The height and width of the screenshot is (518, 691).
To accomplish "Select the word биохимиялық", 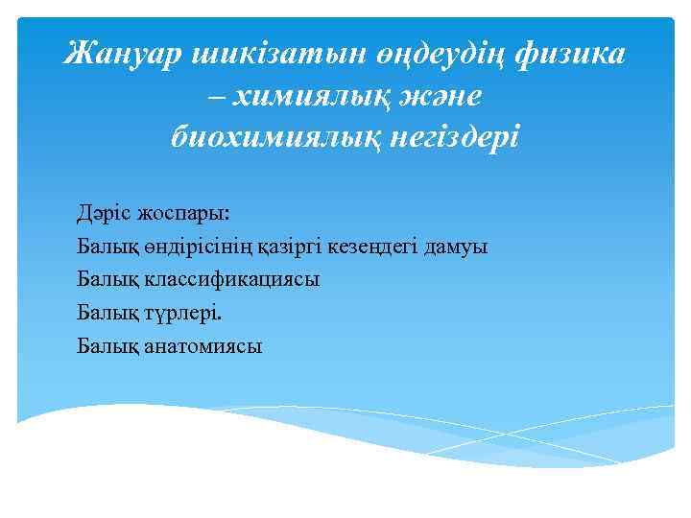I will (278, 137).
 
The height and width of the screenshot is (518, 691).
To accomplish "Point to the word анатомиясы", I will (202, 345).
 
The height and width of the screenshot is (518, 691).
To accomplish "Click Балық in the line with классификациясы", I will (107, 279).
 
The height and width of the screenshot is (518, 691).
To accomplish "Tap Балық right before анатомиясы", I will (107, 345).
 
